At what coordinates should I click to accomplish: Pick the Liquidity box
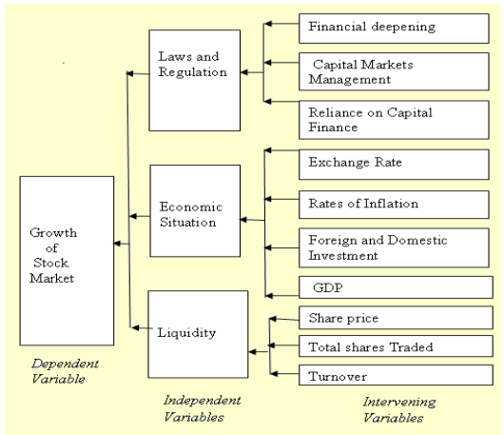[187, 334]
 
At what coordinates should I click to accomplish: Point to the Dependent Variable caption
[60, 370]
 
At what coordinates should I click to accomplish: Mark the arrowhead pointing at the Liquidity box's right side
[252, 352]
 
